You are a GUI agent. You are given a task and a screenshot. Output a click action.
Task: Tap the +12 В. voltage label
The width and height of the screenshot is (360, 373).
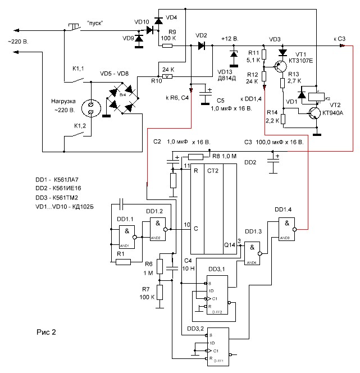pyautogui.click(x=230, y=38)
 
